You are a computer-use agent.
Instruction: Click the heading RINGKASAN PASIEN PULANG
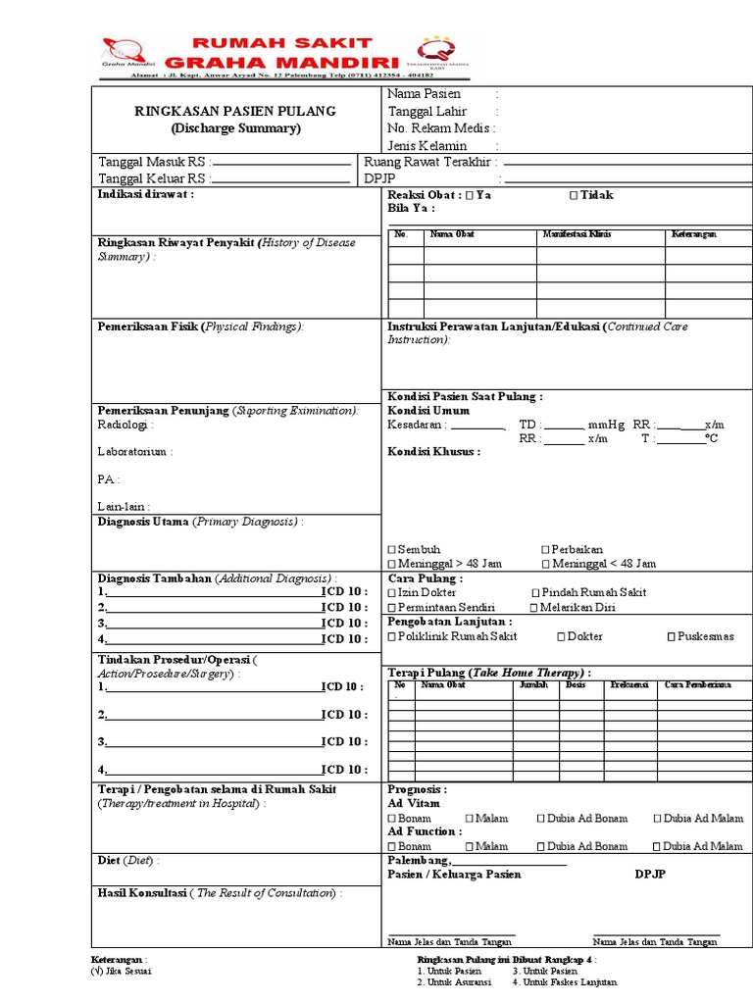[234, 111]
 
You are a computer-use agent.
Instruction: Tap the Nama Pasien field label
[424, 94]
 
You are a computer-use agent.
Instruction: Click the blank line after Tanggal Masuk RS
[281, 163]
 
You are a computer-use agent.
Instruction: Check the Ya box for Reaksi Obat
[470, 196]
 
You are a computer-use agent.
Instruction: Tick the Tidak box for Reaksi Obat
[574, 196]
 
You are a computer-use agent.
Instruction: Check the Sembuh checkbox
[392, 550]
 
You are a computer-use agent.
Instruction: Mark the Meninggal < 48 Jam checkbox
[545, 565]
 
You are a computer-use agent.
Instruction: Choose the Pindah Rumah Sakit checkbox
[535, 593]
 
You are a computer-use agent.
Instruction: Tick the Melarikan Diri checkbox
[533, 608]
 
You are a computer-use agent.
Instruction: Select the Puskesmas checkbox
[672, 637]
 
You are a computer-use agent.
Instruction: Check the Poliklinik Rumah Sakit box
[392, 637]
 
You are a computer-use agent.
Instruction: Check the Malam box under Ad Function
[470, 846]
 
